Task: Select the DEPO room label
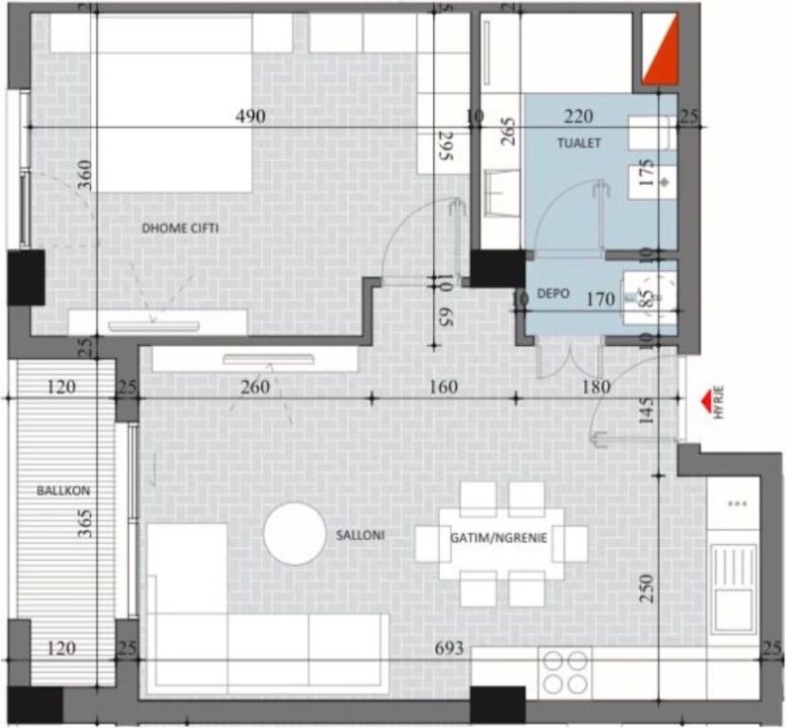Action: [553, 295]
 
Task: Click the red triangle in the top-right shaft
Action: [661, 51]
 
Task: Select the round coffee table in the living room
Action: [294, 533]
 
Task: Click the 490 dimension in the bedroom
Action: [250, 117]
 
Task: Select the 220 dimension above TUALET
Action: [578, 117]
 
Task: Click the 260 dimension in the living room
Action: [255, 387]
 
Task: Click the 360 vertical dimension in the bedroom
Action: [85, 176]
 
